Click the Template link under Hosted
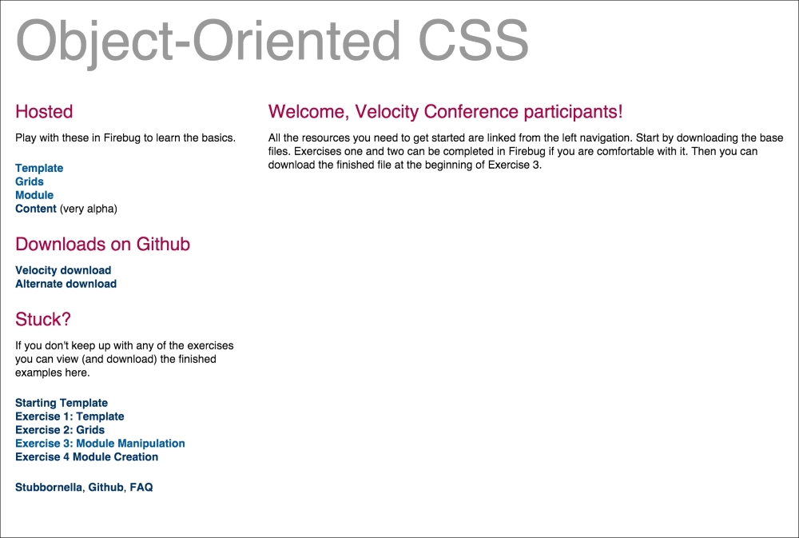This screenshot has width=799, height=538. (39, 168)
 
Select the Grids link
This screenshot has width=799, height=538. (30, 181)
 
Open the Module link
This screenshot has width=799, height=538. (34, 195)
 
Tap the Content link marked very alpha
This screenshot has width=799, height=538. (36, 209)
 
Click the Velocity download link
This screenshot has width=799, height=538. (63, 270)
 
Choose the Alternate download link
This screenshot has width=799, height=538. (66, 284)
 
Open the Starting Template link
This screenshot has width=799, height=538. (62, 403)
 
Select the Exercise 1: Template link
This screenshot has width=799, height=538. (70, 416)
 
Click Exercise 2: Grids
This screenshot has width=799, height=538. (60, 430)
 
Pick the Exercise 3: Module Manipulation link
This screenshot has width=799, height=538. (100, 444)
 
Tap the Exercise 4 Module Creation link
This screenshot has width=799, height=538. (86, 457)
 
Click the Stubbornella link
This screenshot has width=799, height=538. (49, 487)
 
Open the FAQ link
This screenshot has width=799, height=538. (141, 487)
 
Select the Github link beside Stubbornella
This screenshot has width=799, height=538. (105, 487)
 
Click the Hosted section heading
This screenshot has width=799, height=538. (44, 112)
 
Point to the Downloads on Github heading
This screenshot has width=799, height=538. (102, 245)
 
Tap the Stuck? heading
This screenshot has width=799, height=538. (43, 320)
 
